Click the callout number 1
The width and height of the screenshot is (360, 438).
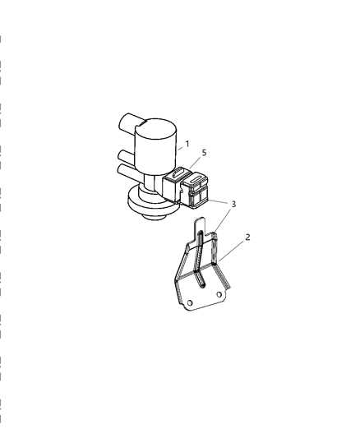187,144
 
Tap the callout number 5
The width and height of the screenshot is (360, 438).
204,153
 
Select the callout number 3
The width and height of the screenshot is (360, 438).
233,204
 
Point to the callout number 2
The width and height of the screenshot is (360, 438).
247,237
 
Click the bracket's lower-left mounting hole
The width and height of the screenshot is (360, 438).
190,302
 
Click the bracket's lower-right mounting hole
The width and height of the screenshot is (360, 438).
219,294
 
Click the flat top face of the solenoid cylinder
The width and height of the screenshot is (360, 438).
156,128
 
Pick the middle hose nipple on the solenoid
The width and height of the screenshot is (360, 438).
127,157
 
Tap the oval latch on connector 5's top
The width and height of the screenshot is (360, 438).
177,173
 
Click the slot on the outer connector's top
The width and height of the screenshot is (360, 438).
196,179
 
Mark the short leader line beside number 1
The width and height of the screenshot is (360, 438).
181,148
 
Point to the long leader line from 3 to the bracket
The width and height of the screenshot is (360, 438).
224,220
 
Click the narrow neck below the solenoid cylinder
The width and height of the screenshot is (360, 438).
150,182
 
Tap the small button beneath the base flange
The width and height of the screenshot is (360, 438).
153,217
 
